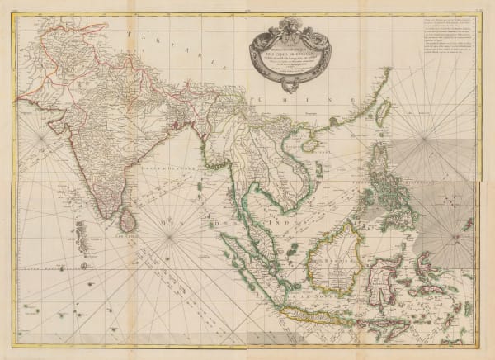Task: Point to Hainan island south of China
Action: click(311, 145)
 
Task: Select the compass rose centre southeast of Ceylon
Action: click(172, 240)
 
